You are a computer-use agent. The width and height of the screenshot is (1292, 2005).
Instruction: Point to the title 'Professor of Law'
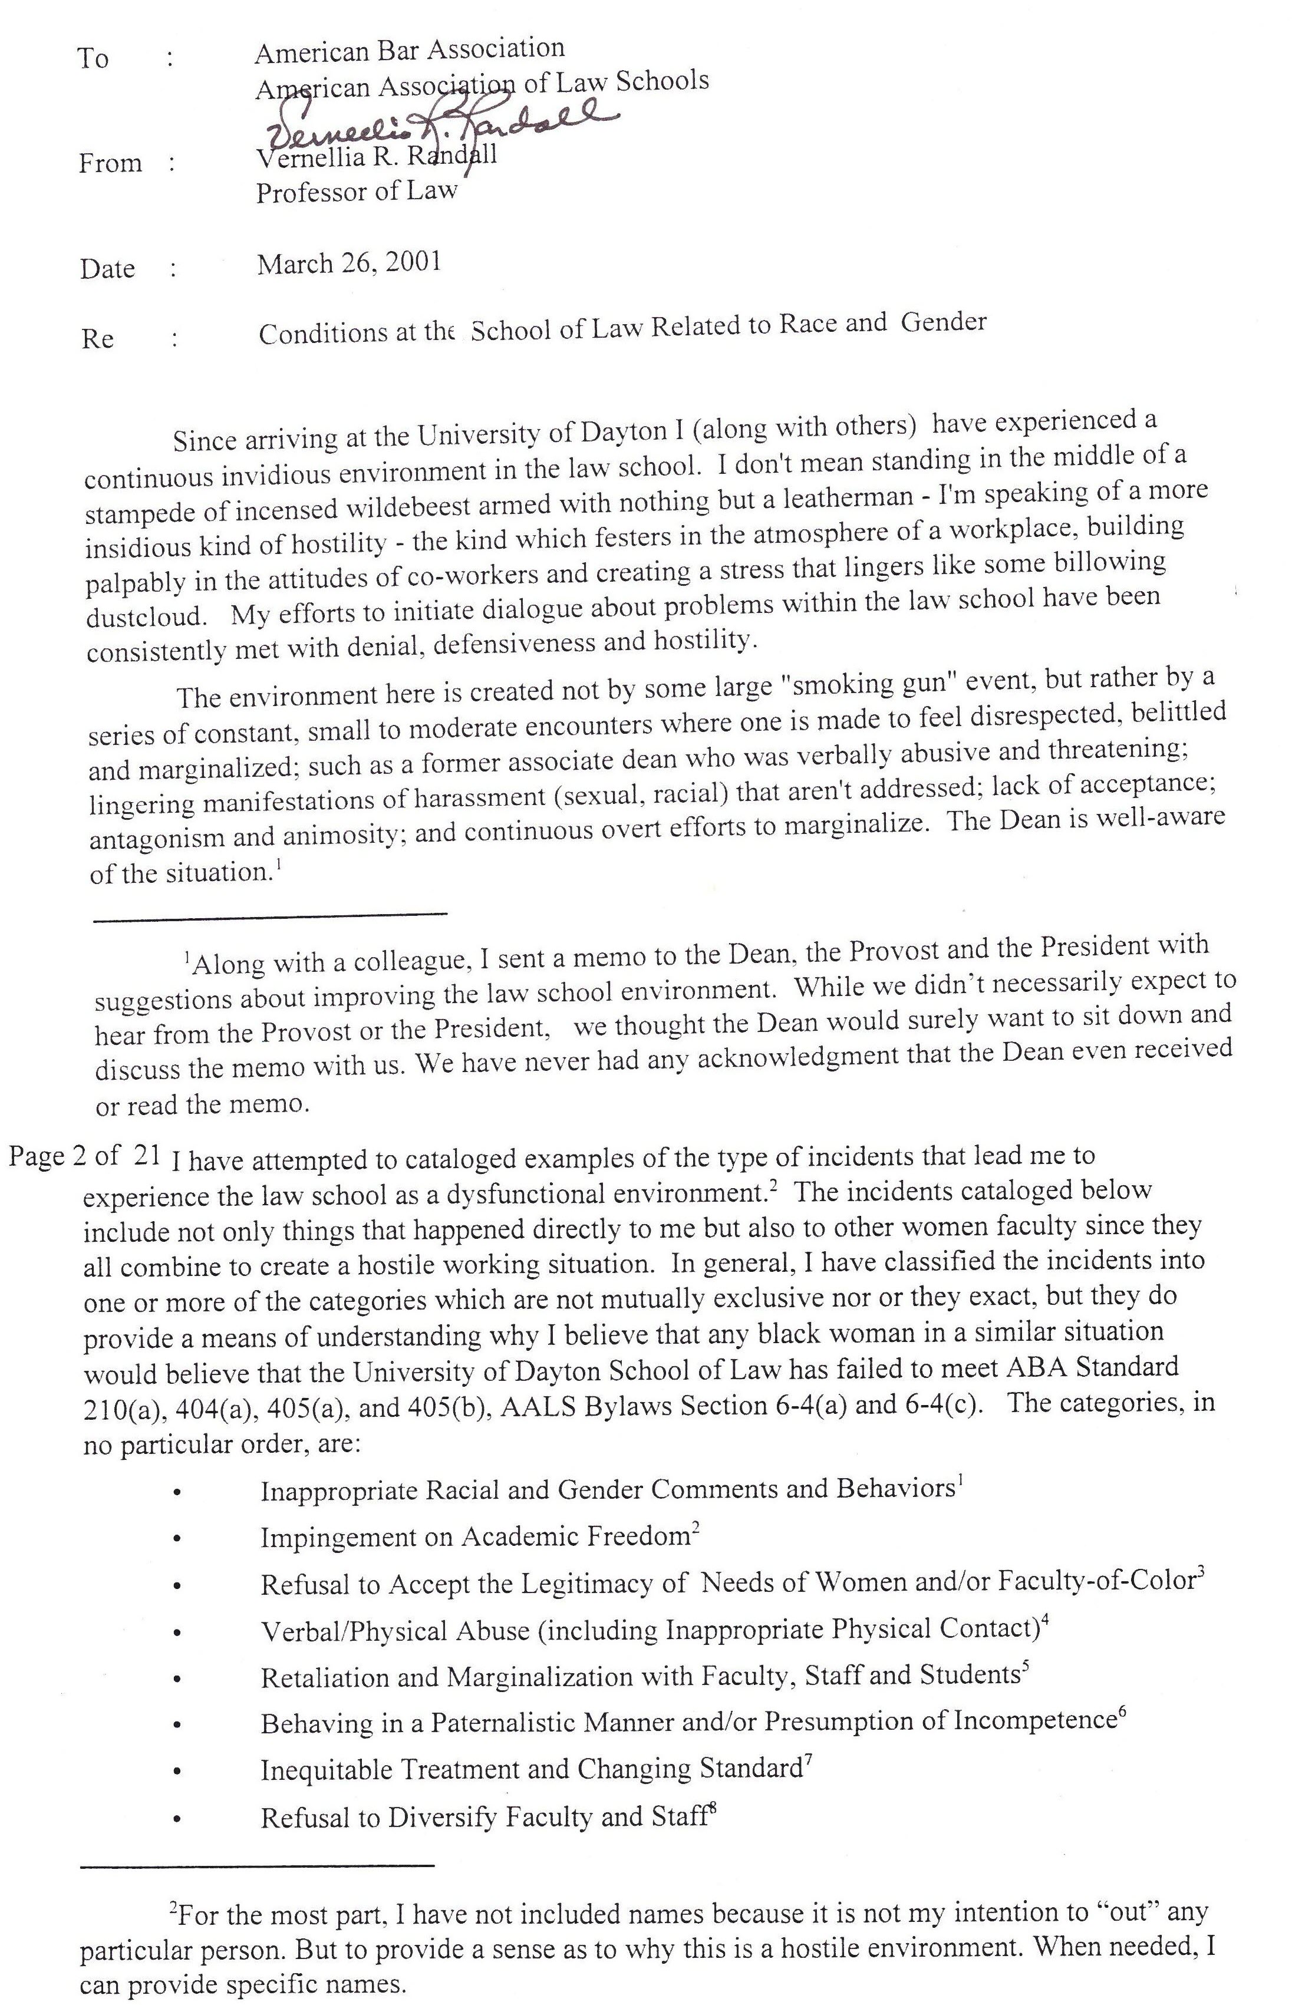tap(357, 192)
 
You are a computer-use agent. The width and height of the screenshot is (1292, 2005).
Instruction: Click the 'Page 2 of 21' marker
tap(84, 1156)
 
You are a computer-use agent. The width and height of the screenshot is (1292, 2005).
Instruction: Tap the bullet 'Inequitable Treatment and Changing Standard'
tap(531, 1770)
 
